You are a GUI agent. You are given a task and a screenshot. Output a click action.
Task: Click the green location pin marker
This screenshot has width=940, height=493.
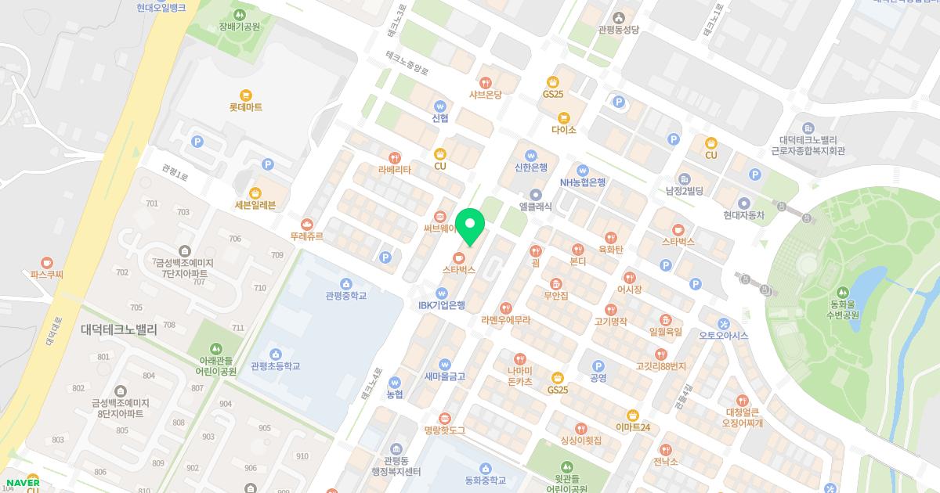(x=469, y=227)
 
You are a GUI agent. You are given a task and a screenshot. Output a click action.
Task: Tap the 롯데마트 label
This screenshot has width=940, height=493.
(x=246, y=107)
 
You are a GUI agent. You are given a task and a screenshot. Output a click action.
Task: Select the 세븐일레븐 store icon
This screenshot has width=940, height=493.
(x=255, y=193)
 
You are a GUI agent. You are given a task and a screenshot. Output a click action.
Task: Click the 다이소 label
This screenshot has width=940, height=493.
(x=563, y=130)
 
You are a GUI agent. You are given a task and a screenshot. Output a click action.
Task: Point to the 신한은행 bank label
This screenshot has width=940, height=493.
(x=530, y=167)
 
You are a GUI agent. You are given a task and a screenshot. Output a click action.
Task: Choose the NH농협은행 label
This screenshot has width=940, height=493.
(x=582, y=182)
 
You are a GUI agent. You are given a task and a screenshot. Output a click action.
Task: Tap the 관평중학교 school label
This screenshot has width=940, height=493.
(x=345, y=296)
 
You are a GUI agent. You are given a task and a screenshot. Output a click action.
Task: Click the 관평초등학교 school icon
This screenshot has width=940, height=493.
(x=275, y=354)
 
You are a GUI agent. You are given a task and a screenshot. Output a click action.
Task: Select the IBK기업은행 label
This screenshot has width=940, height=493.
(x=441, y=305)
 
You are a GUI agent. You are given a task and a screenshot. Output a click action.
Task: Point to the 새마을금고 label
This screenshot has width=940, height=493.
(x=444, y=376)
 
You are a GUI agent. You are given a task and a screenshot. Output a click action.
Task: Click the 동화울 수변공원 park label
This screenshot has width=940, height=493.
(x=844, y=310)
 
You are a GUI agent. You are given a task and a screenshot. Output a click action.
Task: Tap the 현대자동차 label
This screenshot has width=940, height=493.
(x=743, y=215)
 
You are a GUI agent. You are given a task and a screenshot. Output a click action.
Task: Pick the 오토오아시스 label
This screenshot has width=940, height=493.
(x=724, y=336)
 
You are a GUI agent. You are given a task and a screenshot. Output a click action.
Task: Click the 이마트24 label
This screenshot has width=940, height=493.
(x=633, y=427)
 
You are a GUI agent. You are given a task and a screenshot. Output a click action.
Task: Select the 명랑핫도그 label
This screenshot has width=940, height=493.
(x=445, y=430)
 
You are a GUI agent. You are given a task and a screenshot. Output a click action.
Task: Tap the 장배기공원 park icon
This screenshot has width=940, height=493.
(x=240, y=14)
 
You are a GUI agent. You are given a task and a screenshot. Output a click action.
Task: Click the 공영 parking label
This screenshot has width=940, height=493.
(x=598, y=378)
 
